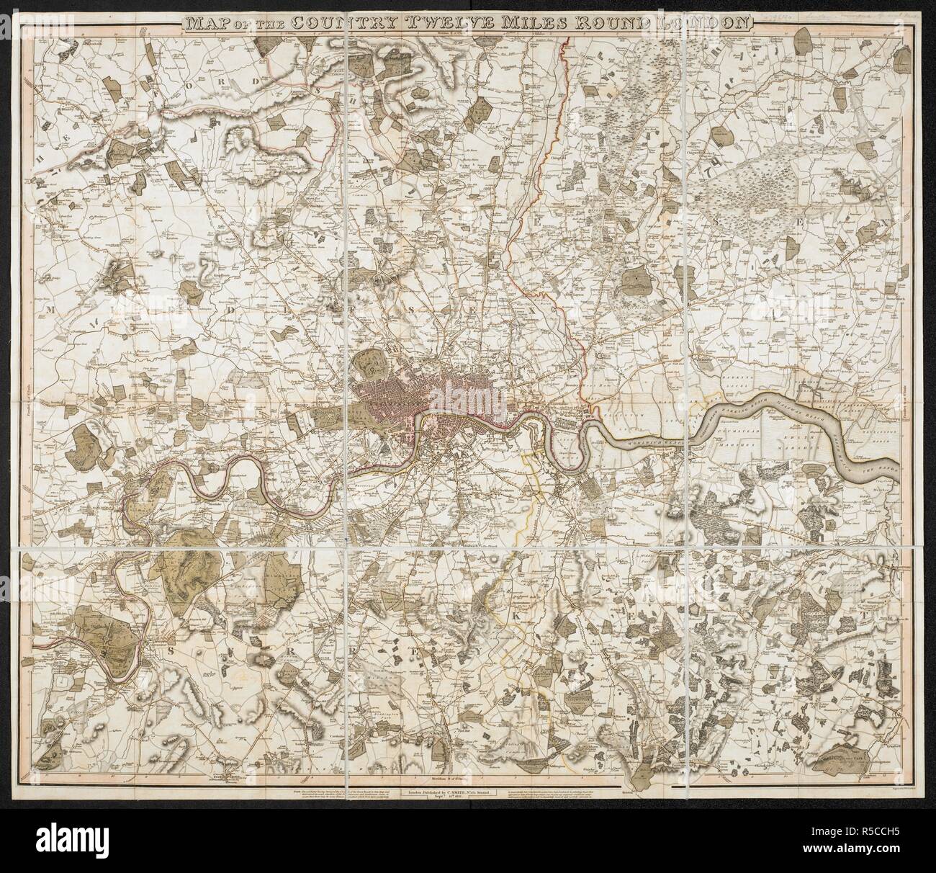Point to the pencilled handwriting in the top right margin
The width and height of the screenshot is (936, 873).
click(x=835, y=22)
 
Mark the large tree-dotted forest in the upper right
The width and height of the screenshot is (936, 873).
click(x=749, y=187)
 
